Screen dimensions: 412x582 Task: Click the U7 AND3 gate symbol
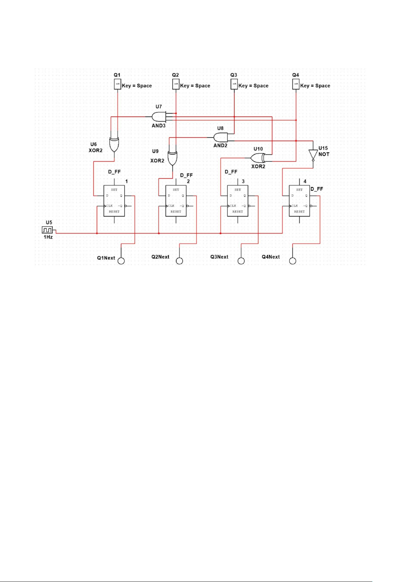pyautogui.click(x=159, y=117)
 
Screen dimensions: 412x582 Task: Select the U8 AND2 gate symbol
pyautogui.click(x=221, y=137)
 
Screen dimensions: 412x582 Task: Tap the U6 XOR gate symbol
pyautogui.click(x=114, y=144)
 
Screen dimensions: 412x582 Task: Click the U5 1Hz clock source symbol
pyautogui.click(x=47, y=230)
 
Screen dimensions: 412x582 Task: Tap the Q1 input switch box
pyautogui.click(x=118, y=84)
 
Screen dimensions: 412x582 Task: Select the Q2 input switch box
pyautogui.click(x=176, y=84)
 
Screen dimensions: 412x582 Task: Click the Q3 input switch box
pyautogui.click(x=234, y=84)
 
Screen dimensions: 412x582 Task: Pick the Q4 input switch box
pyautogui.click(x=296, y=84)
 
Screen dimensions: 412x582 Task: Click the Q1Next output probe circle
pyautogui.click(x=121, y=261)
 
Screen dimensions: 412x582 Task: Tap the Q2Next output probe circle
pyautogui.click(x=179, y=261)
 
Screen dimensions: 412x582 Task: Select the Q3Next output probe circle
pyautogui.click(x=241, y=261)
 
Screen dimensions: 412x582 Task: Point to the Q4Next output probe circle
pyautogui.click(x=293, y=261)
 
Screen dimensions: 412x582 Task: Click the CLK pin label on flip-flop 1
pyautogui.click(x=110, y=206)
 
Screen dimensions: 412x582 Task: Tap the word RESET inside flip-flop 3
pyautogui.click(x=237, y=212)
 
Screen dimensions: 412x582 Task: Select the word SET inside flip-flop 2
pyautogui.click(x=176, y=190)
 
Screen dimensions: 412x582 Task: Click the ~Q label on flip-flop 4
pyautogui.click(x=305, y=206)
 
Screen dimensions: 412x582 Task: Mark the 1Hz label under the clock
pyautogui.click(x=48, y=237)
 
